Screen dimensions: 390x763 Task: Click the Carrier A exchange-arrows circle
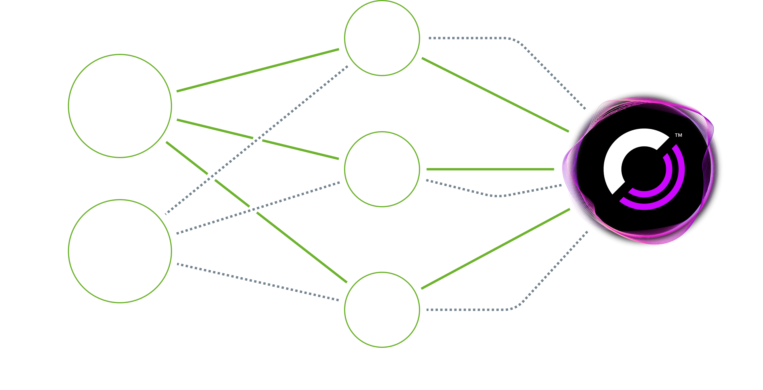coord(382,38)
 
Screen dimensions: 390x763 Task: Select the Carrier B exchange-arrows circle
coord(382,169)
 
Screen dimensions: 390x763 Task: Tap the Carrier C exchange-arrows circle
coord(382,309)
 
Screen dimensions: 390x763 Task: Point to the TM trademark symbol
coord(678,135)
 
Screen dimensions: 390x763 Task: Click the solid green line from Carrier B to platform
coord(490,169)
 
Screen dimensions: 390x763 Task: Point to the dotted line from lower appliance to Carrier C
coord(258,282)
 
